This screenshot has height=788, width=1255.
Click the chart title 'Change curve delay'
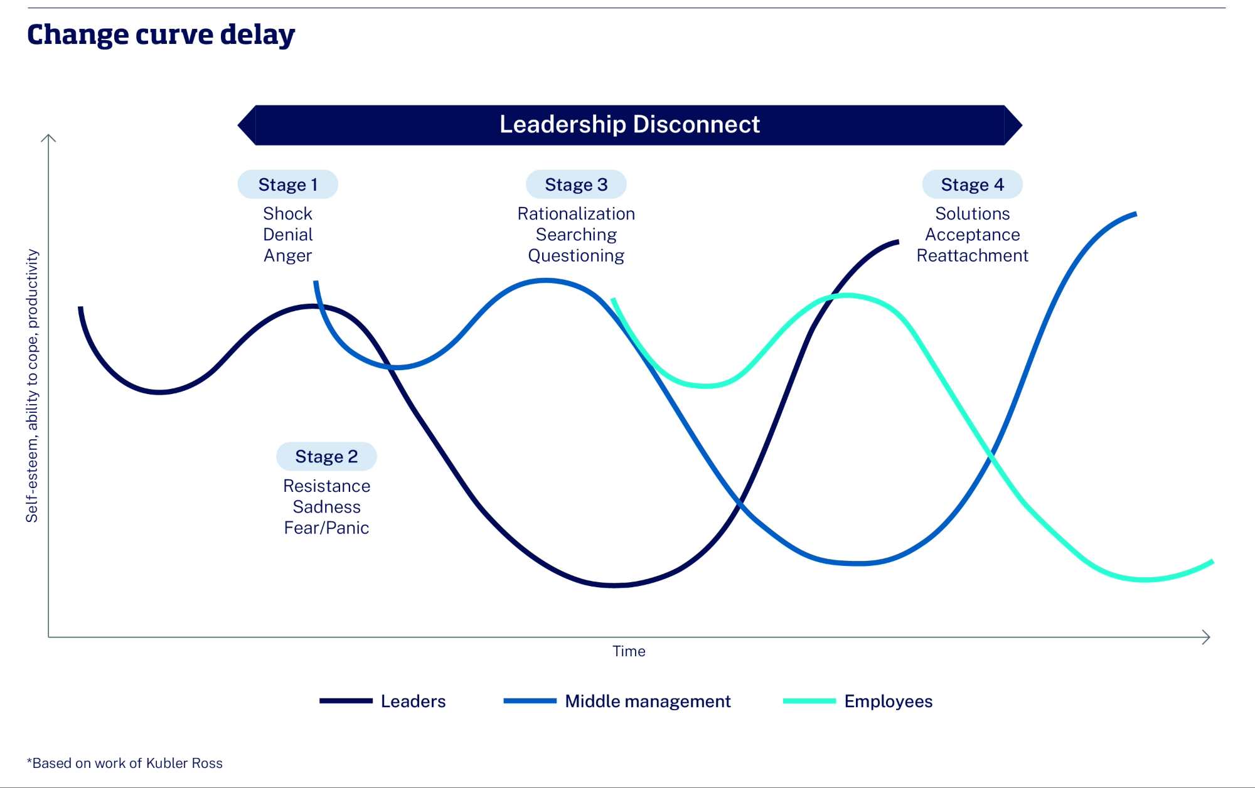click(x=161, y=35)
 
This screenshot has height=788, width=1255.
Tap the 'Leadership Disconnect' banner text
click(x=629, y=125)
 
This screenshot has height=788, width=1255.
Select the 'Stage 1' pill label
click(x=287, y=184)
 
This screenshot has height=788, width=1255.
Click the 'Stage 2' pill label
click(x=326, y=456)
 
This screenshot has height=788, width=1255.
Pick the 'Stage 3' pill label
click(x=576, y=184)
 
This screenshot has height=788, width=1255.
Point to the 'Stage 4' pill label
click(x=972, y=184)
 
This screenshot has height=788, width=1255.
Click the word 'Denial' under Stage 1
click(x=287, y=235)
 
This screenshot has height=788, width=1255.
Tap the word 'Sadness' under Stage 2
click(x=326, y=507)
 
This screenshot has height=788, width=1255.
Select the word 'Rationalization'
click(x=576, y=214)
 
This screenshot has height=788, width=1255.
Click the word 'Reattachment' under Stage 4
click(x=972, y=256)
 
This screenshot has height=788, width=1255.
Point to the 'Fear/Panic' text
click(x=326, y=528)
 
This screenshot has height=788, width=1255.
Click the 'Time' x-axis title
click(x=629, y=651)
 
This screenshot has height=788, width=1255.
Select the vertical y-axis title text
click(x=32, y=386)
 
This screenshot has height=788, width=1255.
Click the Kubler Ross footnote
click(x=125, y=764)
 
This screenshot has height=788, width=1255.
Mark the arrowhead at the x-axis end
click(x=1207, y=637)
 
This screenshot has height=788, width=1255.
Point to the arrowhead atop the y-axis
click(x=48, y=137)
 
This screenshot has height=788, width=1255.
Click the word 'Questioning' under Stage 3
click(x=576, y=256)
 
